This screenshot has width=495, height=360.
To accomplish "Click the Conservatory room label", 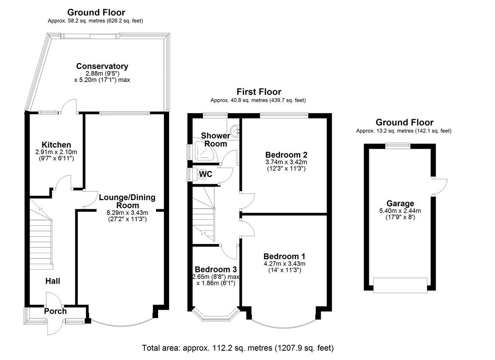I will pos(102,66).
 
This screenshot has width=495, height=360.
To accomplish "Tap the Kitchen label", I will pos(57,144).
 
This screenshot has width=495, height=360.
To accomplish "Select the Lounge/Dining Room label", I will pos(127,201).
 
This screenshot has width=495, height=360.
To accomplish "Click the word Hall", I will pos(53,281).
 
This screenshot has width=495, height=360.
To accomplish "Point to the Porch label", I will pos(55,311).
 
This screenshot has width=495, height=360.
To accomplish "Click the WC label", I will pos(205,174).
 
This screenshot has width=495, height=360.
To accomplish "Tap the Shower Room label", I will pos(215,140).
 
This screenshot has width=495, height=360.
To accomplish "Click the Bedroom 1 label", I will pos(284,256).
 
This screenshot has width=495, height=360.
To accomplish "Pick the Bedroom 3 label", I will pos(215,269).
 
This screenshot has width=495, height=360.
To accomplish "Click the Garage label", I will pos(400,203).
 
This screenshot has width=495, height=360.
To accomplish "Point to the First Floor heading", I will pos(259,92).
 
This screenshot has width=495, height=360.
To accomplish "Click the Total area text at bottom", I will pos(238,347).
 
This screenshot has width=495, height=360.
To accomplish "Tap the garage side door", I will pos(440,186).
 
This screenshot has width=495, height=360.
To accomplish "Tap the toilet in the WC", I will pos(204,174).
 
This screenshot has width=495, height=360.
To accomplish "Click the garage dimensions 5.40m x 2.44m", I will pos(400,211).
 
